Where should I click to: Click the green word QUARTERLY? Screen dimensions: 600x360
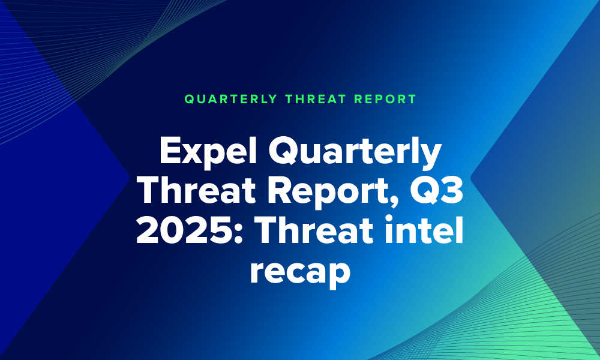[x=231, y=99]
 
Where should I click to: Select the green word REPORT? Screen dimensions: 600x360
[x=385, y=99]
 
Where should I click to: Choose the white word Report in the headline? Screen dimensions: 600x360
[x=334, y=193]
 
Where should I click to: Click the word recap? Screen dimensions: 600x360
[x=300, y=272]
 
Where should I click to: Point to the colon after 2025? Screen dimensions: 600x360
[x=238, y=234]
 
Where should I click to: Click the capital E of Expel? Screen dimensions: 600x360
[x=170, y=151]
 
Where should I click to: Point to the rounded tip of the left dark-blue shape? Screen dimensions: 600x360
[x=129, y=176]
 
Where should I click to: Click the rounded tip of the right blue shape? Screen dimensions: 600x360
[x=472, y=178]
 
